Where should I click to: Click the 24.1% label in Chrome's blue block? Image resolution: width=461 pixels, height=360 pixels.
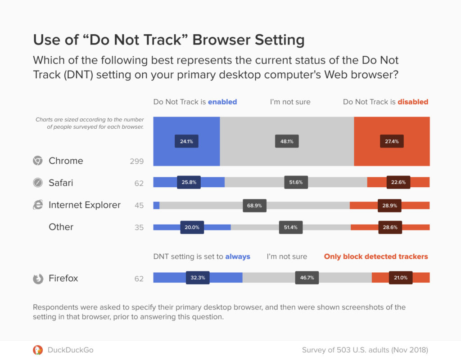click(186, 141)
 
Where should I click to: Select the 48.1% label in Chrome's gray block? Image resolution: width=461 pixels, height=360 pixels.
click(287, 141)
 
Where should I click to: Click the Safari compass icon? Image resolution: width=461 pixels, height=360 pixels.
click(38, 183)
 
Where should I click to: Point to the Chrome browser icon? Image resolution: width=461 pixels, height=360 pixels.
click(38, 161)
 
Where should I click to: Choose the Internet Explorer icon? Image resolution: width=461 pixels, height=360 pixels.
click(38, 205)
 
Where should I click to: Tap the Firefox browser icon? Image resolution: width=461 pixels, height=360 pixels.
click(38, 279)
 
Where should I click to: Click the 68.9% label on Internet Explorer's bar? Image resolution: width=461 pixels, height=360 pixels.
click(254, 205)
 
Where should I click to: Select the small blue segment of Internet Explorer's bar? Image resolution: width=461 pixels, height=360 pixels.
click(156, 205)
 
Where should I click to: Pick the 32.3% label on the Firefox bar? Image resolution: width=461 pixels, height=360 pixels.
click(198, 278)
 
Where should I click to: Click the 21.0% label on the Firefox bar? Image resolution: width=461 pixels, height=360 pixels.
click(400, 278)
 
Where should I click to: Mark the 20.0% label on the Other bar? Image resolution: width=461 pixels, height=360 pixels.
click(192, 227)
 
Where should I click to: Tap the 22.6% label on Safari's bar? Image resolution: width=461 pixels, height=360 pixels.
click(398, 182)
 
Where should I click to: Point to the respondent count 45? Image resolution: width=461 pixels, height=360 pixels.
click(139, 206)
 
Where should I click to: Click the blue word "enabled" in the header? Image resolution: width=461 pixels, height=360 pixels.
click(222, 102)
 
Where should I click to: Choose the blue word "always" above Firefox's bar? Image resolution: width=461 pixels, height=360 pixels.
click(237, 256)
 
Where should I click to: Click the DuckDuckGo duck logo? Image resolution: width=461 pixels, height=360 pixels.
click(38, 350)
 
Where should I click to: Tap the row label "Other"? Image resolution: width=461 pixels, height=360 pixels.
click(61, 227)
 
